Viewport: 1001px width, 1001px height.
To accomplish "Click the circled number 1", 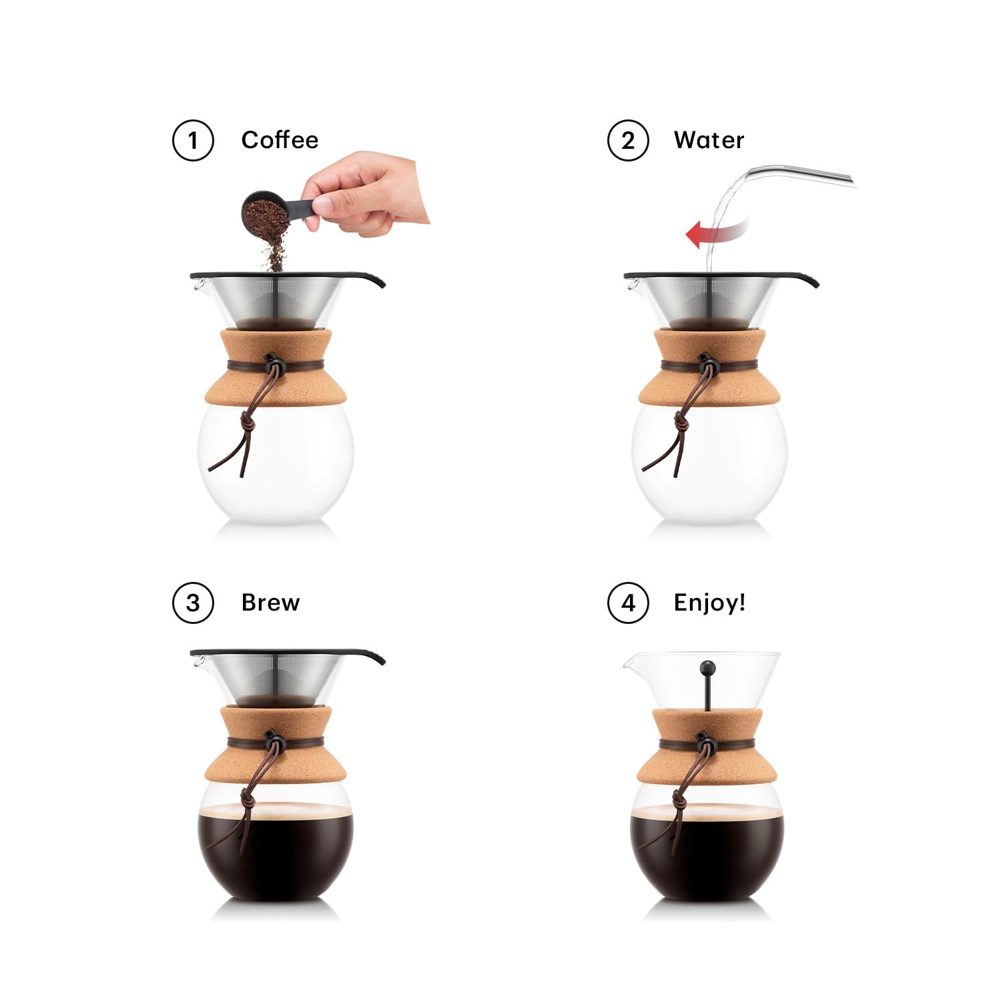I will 193,141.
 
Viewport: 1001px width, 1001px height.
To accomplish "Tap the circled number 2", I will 627,141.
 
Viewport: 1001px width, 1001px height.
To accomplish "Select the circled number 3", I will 193,603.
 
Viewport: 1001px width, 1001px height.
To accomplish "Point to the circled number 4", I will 627,603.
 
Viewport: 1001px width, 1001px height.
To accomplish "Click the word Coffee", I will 280,140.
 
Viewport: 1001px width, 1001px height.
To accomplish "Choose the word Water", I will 709,140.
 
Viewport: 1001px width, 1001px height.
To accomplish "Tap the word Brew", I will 270,603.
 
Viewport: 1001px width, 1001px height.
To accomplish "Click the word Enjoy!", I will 709,603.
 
